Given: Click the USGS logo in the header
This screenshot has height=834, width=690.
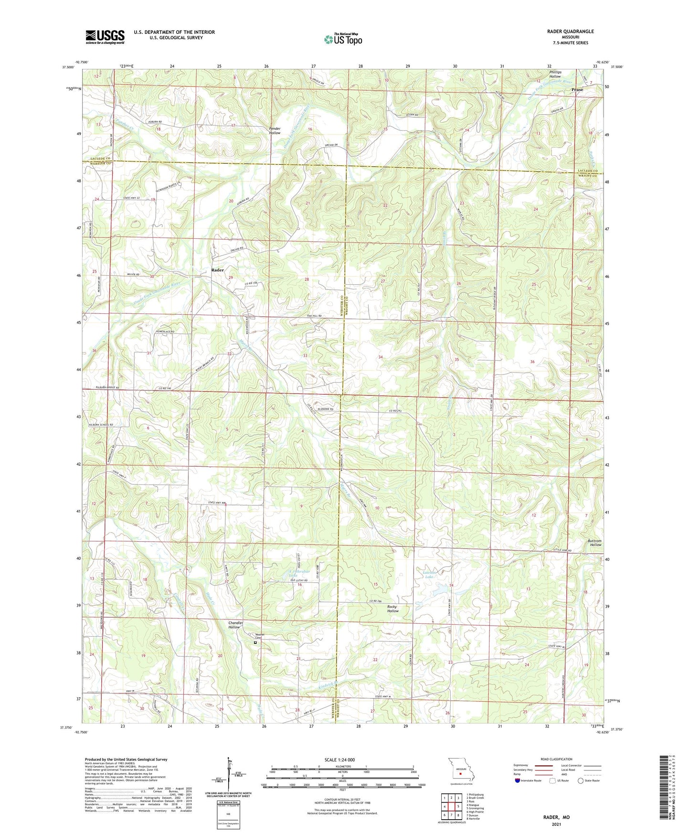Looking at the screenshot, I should [x=105, y=37].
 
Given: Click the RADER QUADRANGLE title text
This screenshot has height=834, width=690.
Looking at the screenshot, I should [x=570, y=32].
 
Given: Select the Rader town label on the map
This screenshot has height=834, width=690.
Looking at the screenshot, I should [x=217, y=270].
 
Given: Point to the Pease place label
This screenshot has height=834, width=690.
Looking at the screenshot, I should [x=577, y=89].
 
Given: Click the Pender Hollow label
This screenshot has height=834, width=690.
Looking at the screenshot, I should [x=275, y=130].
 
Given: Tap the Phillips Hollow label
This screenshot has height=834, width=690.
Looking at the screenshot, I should [x=555, y=74].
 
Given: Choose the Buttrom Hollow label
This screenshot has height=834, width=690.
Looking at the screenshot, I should [x=595, y=543].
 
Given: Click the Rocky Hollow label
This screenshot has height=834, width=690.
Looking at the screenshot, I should [x=393, y=609].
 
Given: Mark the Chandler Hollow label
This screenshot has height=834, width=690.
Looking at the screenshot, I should [x=235, y=625].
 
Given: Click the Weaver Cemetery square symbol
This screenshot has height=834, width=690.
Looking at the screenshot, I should [x=255, y=643].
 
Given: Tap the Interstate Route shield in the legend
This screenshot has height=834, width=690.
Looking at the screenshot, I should [x=518, y=781].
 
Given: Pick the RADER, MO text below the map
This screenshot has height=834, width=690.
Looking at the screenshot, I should [x=556, y=817].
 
